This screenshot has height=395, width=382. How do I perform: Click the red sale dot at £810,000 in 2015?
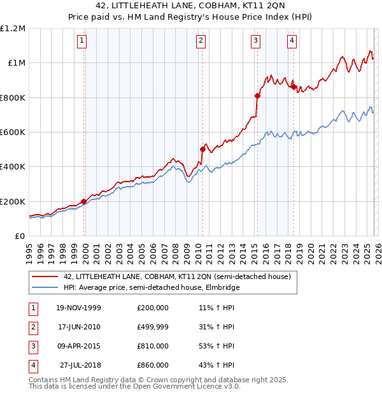(257, 96)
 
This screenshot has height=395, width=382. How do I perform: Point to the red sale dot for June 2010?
(202, 150)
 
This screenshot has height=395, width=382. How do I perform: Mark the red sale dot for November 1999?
(84, 201)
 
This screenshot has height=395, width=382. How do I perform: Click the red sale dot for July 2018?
(294, 87)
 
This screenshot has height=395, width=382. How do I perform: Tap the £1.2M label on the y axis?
(13, 29)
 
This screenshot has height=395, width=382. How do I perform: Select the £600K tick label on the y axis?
(13, 133)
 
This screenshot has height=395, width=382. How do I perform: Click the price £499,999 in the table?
(152, 327)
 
